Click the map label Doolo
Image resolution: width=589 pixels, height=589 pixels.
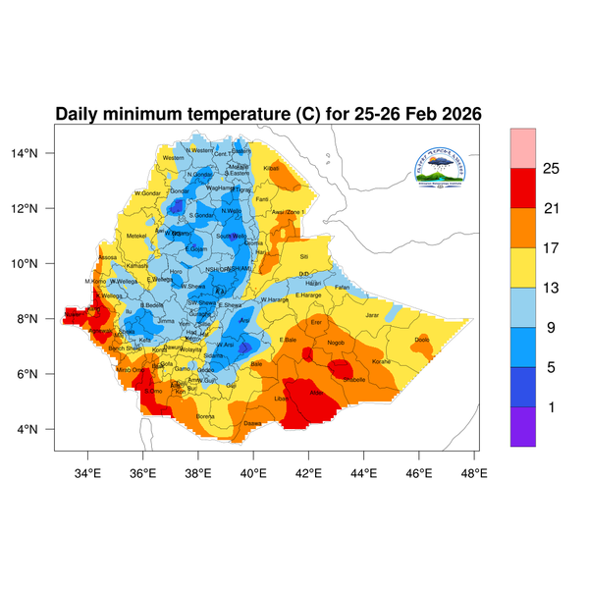click(422, 340)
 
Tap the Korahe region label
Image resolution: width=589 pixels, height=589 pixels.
click(381, 362)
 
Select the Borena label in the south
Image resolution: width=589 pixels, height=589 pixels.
click(205, 416)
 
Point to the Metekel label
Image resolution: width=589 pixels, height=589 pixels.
click(136, 236)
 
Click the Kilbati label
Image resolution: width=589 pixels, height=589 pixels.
click(272, 169)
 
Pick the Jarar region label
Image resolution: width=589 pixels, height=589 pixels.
click(372, 315)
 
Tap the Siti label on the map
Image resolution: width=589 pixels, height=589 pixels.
click(303, 257)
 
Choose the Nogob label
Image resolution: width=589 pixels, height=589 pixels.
click(336, 343)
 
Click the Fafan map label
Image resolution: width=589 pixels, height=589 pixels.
click(342, 287)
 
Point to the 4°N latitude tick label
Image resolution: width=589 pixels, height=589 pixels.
click(40, 429)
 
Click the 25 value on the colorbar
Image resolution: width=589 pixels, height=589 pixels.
click(551, 169)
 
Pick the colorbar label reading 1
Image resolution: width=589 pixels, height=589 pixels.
click(551, 406)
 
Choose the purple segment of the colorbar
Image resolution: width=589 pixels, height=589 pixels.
click(522, 427)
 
